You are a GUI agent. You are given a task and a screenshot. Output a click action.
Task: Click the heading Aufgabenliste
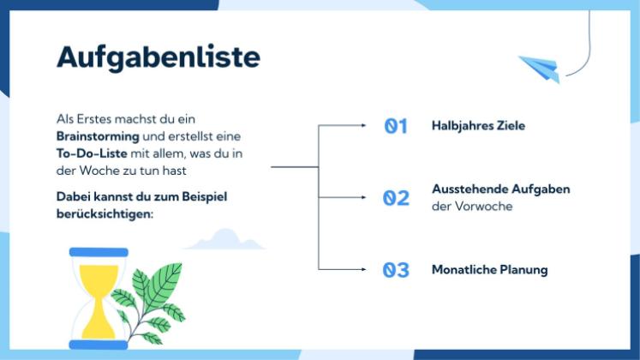coord(158,57)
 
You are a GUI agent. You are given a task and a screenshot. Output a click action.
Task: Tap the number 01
coord(395,126)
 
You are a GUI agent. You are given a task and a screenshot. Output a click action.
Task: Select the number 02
coord(395,198)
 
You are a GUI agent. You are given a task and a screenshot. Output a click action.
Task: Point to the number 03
coord(395,270)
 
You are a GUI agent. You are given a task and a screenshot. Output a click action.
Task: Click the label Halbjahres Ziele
coord(478,126)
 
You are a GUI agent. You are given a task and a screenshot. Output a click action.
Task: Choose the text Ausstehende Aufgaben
coord(500,189)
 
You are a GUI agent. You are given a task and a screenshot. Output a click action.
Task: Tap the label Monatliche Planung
coord(489,270)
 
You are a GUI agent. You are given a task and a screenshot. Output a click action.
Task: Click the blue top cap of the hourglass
coord(99,252)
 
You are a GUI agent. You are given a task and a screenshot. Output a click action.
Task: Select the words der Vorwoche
coord(471,207)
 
